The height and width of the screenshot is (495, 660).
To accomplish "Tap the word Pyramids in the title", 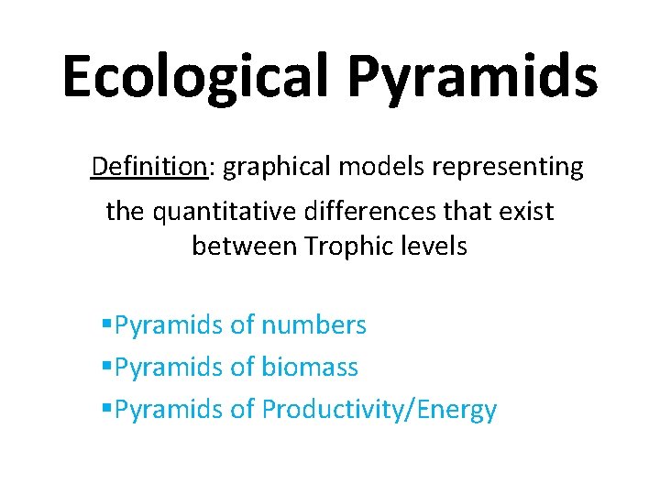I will coord(473,77).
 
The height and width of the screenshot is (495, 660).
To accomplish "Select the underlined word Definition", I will coord(149,167).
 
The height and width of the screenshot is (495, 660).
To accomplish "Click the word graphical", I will coord(277,167).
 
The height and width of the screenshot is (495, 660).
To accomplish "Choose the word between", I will coord(245,247).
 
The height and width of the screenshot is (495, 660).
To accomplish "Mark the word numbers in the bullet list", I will coord(313,324).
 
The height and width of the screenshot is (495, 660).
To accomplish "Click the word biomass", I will coord(310,368).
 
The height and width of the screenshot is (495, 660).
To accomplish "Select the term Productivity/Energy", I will coord(379,410).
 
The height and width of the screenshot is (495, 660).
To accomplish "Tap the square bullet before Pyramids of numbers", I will coord(107,324).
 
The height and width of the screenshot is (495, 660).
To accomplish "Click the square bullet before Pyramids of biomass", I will coord(107,368).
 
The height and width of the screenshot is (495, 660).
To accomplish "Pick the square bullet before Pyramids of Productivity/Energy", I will coord(107,410).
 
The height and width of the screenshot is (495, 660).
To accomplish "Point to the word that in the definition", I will coord(467,212).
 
